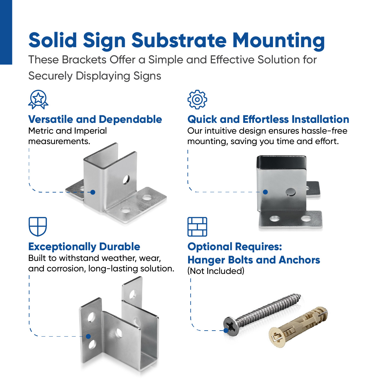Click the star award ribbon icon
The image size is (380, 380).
click(x=38, y=99)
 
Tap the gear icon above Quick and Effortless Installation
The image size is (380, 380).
click(x=197, y=99)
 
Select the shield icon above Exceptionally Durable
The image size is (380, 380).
click(x=38, y=226)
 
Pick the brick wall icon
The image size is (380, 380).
click(x=197, y=227)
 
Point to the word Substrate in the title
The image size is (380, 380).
click(x=179, y=41)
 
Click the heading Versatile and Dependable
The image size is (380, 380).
click(x=95, y=119)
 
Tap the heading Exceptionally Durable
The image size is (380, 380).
click(x=84, y=247)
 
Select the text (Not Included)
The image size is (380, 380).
click(x=216, y=271)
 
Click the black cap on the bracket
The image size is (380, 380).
click(x=282, y=162)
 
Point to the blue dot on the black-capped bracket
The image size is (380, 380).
click(x=265, y=192)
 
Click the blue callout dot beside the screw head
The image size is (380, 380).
click(x=226, y=330)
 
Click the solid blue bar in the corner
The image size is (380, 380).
click(x=6, y=32)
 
